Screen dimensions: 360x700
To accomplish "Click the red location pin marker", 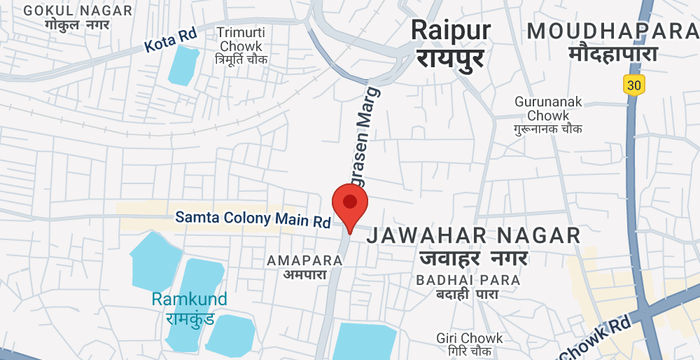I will (x=350, y=208).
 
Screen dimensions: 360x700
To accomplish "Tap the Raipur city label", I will (x=450, y=30).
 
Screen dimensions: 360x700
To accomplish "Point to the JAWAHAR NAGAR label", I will (x=474, y=235).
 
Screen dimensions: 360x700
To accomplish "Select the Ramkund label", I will (x=189, y=299).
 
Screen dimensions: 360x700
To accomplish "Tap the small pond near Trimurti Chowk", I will (x=183, y=64).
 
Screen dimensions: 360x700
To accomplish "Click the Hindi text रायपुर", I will (x=449, y=60).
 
